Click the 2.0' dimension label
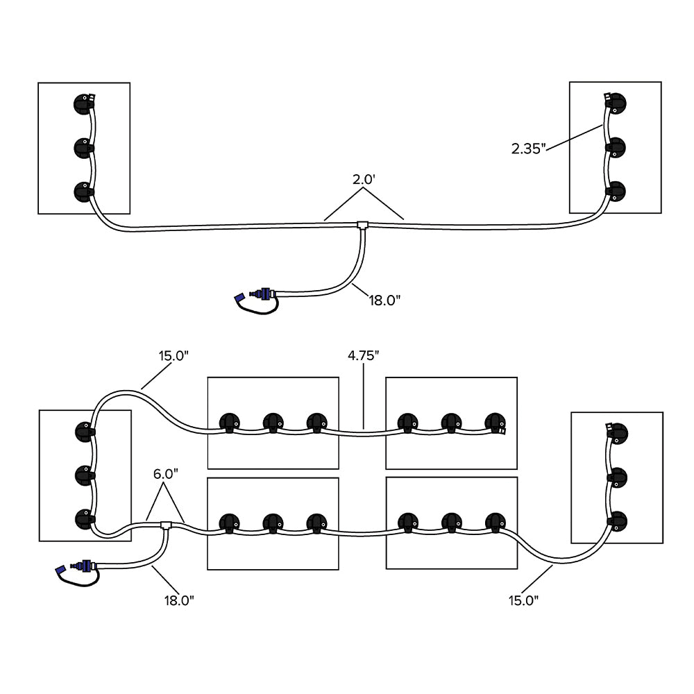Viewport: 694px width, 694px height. click(x=364, y=179)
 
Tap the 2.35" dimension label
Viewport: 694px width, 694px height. click(x=530, y=149)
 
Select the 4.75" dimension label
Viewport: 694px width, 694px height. click(x=364, y=356)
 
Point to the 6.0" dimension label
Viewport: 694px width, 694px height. click(x=167, y=473)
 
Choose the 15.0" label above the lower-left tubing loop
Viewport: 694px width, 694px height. click(x=173, y=356)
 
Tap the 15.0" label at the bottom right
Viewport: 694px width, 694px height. click(x=523, y=601)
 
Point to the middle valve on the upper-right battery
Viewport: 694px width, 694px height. click(x=615, y=147)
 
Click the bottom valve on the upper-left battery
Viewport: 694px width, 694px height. click(x=83, y=190)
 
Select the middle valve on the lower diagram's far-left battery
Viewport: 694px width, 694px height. click(x=85, y=475)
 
